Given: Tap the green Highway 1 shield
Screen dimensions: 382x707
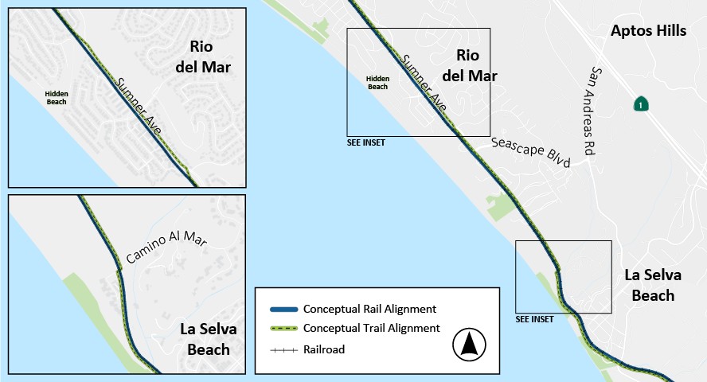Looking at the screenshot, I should pos(639,104).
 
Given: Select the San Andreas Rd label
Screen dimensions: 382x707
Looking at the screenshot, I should pos(589,111).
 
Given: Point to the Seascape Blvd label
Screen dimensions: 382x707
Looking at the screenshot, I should pos(531,151).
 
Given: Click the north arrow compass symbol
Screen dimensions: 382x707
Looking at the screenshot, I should pos(469,344).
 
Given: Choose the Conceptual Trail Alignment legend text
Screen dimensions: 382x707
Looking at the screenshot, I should pos(371,328).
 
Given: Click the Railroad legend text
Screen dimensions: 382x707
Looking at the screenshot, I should pos(324,349).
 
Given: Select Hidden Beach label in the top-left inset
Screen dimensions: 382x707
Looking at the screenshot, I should pos(56,98).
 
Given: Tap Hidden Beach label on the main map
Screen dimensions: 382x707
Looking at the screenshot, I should pos(377,82).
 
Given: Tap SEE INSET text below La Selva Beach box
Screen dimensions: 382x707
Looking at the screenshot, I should pos(535,319).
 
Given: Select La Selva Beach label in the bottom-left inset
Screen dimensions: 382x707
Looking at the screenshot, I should pos(208,339).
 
